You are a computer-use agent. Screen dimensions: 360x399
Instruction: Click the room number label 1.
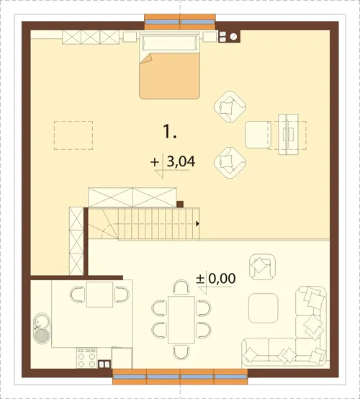tap(169, 132)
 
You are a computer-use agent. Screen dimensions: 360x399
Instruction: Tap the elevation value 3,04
tap(181, 161)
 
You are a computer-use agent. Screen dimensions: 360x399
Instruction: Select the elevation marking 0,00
tap(222, 279)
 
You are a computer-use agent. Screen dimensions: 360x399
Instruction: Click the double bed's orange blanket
tap(169, 76)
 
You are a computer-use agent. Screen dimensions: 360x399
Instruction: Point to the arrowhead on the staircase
tap(198, 224)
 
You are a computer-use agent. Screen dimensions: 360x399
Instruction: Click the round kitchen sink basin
tap(42, 336)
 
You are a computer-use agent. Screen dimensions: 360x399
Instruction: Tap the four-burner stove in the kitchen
tap(86, 358)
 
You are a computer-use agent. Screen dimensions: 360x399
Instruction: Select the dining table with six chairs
tap(181, 319)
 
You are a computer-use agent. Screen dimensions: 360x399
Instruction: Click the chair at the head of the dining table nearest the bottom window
tap(181, 351)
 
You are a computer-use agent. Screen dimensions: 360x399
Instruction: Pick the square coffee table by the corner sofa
tap(263, 308)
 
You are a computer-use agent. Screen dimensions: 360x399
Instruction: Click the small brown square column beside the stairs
tap(180, 204)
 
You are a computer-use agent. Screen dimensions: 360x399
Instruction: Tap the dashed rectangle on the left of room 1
tap(73, 135)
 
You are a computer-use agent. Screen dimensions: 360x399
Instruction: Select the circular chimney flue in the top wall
tap(233, 37)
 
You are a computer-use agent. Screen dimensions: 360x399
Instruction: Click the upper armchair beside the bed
tap(230, 107)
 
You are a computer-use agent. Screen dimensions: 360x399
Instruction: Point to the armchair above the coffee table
tap(263, 266)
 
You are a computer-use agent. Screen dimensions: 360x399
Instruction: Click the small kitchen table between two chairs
tap(100, 295)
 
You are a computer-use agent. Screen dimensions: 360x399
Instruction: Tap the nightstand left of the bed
tap(130, 37)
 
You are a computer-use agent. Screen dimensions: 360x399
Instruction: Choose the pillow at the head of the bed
tap(170, 42)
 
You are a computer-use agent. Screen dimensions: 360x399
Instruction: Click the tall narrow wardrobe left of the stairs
tap(76, 241)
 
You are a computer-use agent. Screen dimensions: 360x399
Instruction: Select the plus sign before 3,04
tap(155, 162)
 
